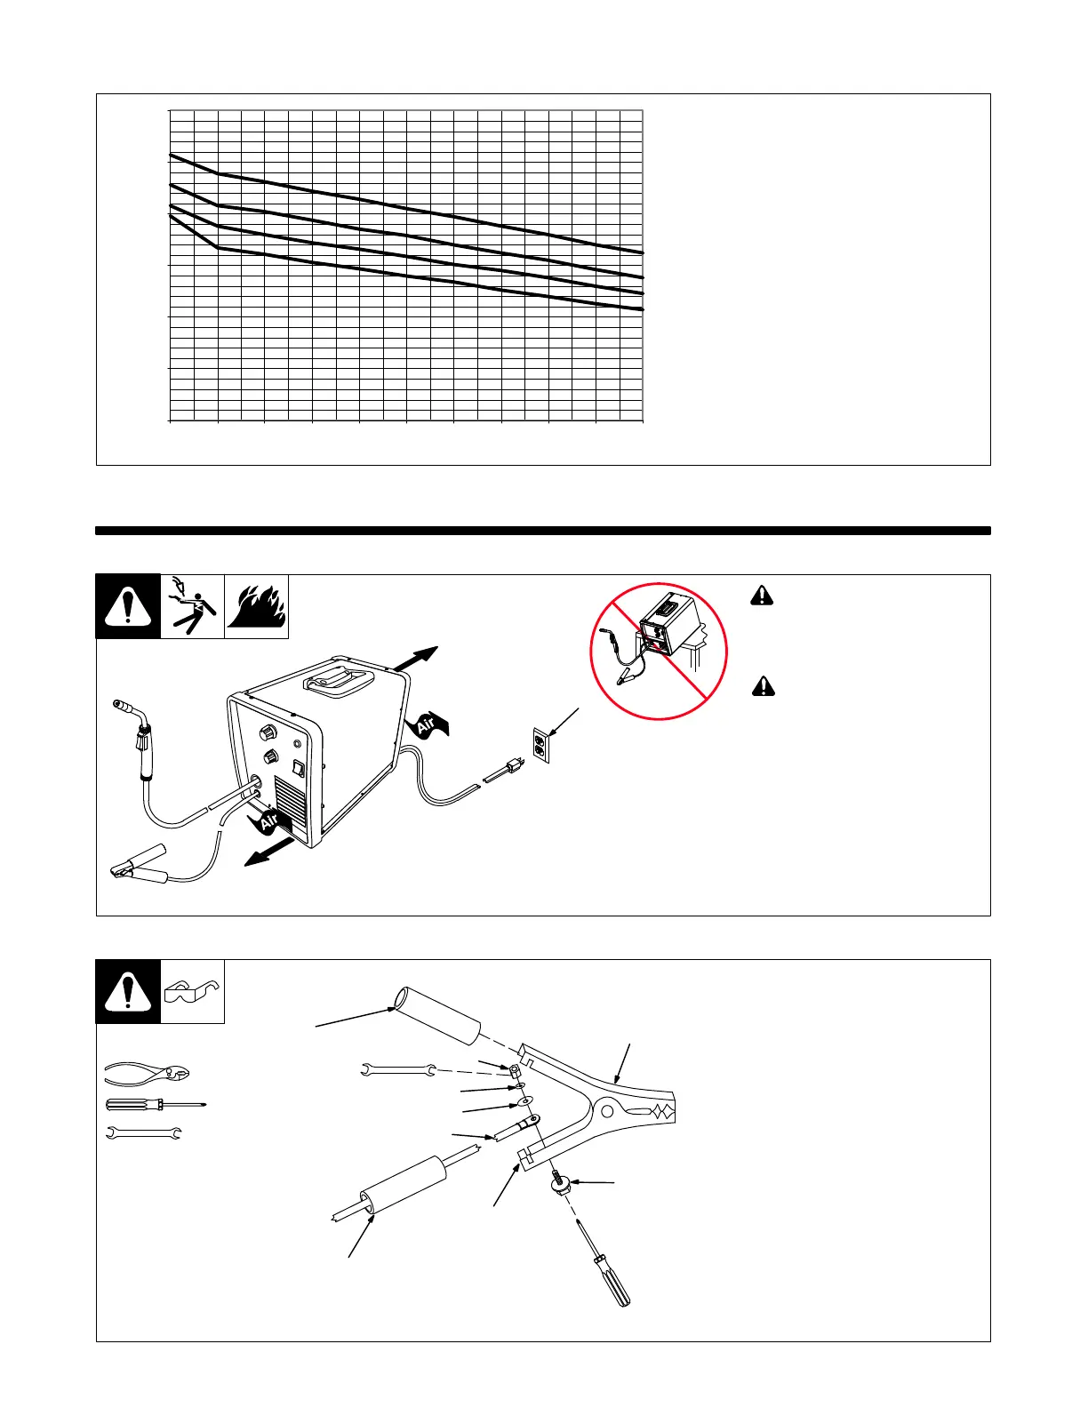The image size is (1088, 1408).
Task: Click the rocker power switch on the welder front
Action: pos(299,769)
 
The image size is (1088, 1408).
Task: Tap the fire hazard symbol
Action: pos(257,606)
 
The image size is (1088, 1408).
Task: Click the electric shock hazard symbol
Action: pos(193,606)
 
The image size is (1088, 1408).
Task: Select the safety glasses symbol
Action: pos(192,991)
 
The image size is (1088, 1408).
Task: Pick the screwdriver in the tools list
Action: pos(156,1105)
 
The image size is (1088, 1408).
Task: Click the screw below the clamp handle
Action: pos(559,1183)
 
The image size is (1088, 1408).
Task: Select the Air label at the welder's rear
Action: pos(428,723)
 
